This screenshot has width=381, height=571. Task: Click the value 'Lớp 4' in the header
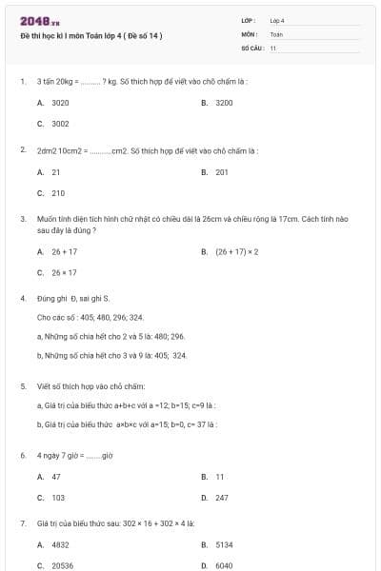click(277, 20)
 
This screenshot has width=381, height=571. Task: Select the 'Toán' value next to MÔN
click(276, 33)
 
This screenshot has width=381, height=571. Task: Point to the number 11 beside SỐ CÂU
click(273, 48)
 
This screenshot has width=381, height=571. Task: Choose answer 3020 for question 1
click(60, 103)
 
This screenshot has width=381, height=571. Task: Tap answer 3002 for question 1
click(60, 124)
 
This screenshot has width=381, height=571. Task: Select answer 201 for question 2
click(222, 172)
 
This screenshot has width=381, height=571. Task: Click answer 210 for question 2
click(58, 193)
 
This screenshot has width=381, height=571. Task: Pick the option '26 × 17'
click(64, 273)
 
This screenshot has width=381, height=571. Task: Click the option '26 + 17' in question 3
click(64, 252)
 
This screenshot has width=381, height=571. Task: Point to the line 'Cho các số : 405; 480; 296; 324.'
click(90, 317)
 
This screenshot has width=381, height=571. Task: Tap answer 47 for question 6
click(56, 477)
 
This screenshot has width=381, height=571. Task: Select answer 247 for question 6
click(222, 498)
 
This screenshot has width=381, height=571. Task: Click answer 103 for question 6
click(58, 498)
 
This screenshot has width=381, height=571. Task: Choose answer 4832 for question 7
click(60, 545)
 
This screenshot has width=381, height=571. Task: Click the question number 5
click(23, 387)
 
